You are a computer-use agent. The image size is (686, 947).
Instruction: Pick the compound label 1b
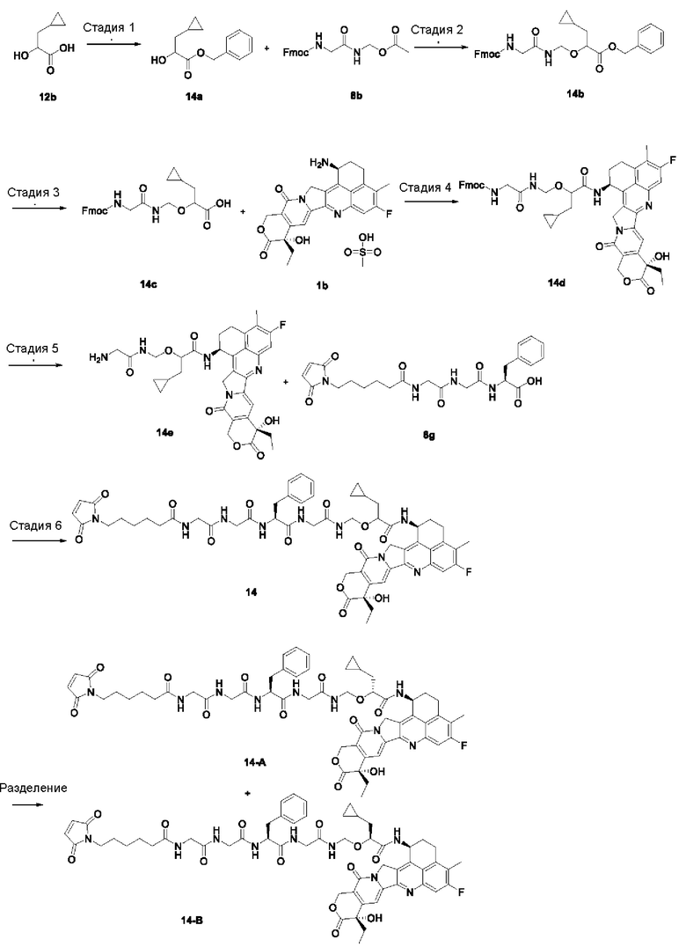click(322, 285)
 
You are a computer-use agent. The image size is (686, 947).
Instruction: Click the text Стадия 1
click(109, 28)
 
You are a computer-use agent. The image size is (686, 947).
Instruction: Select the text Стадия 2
click(437, 30)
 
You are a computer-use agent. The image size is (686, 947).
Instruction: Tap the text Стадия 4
click(425, 187)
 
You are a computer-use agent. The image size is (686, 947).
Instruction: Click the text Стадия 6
click(35, 525)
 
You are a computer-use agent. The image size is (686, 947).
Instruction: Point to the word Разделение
click(33, 789)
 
